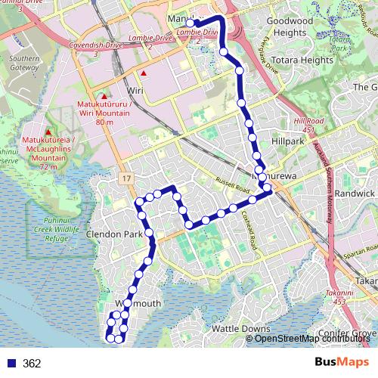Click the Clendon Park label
[114, 235]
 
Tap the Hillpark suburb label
[287, 141]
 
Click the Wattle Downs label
[240, 329]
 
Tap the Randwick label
[355, 193]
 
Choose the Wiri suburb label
[135, 90]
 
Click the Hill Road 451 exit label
[309, 125]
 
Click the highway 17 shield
[126, 178]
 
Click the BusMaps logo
[342, 362]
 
